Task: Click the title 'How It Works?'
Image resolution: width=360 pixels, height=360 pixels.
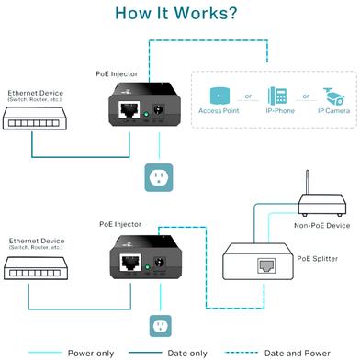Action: [x=176, y=14]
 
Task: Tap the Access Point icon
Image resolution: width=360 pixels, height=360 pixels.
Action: [x=219, y=96]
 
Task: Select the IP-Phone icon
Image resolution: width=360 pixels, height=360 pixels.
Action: [x=277, y=96]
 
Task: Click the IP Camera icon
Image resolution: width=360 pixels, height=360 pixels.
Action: [x=333, y=96]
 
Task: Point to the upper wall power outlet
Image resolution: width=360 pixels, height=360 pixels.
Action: [x=159, y=177]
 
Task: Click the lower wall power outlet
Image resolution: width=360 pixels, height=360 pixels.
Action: [x=160, y=326]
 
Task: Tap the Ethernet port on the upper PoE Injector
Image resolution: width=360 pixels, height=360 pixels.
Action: [x=129, y=109]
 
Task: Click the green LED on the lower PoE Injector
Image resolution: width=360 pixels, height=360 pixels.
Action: [x=147, y=267]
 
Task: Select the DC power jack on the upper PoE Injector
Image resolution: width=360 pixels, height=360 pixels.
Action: [x=159, y=110]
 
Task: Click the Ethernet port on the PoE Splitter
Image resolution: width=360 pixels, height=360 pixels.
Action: [x=266, y=265]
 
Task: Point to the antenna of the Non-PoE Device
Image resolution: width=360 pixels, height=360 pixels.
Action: [x=308, y=183]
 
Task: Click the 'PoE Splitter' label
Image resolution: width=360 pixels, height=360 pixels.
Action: [x=318, y=259]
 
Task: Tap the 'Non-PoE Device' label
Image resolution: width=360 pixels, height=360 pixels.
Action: [x=321, y=226]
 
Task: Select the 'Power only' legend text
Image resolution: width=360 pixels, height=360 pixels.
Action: [x=91, y=354]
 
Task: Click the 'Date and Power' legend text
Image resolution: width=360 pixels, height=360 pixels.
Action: [x=297, y=354]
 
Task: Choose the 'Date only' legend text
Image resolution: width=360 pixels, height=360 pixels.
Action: [x=187, y=354]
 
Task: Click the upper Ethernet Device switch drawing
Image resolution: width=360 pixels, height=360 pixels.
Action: [x=35, y=118]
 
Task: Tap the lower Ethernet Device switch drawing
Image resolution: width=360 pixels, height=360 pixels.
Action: [x=36, y=268]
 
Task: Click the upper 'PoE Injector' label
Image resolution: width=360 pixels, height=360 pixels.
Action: [x=117, y=74]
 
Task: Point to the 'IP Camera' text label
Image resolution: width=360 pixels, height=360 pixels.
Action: [x=333, y=111]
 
